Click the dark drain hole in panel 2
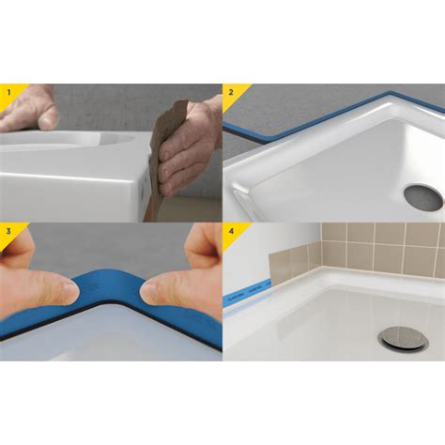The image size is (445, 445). coord(422,196)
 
